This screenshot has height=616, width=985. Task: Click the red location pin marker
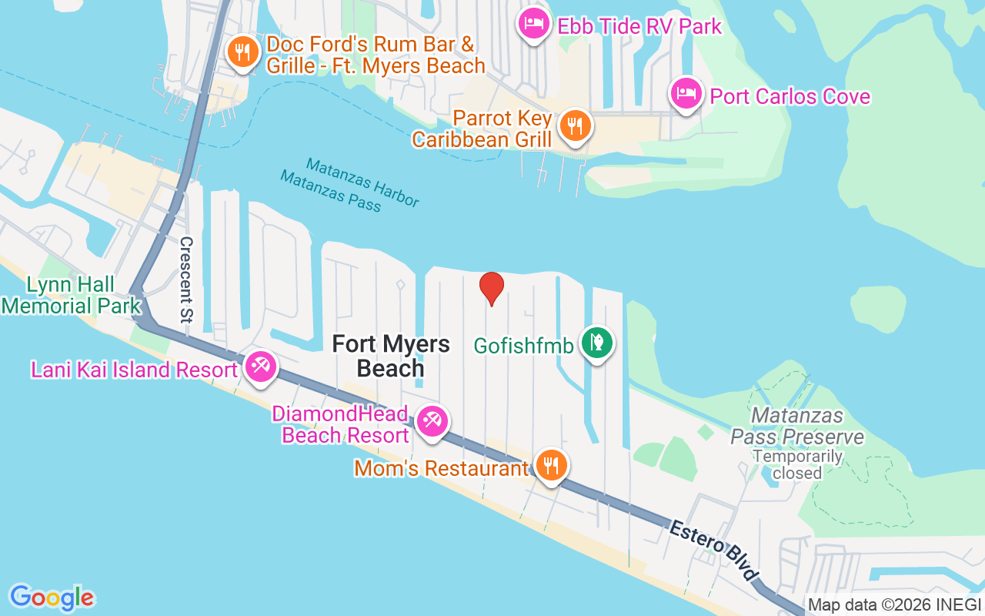492,288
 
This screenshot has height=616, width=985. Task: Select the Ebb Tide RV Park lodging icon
533,24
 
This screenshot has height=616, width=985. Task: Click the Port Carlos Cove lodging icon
685,94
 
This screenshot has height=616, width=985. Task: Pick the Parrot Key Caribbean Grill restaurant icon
574,125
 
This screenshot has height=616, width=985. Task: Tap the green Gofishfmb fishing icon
596,342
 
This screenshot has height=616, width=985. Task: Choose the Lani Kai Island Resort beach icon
260,366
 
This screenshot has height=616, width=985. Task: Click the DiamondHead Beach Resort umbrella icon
432,421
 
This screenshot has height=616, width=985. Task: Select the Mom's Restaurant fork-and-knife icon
551,465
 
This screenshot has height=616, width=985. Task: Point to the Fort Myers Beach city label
391,356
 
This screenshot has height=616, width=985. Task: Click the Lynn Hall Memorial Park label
72,296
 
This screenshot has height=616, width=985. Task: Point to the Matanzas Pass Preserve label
796,427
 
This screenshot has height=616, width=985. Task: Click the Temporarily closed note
796,464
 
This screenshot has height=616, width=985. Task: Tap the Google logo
52,598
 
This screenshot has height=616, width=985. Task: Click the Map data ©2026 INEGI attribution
894,604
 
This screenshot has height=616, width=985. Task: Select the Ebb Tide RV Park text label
639,26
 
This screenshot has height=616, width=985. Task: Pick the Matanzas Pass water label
330,190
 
